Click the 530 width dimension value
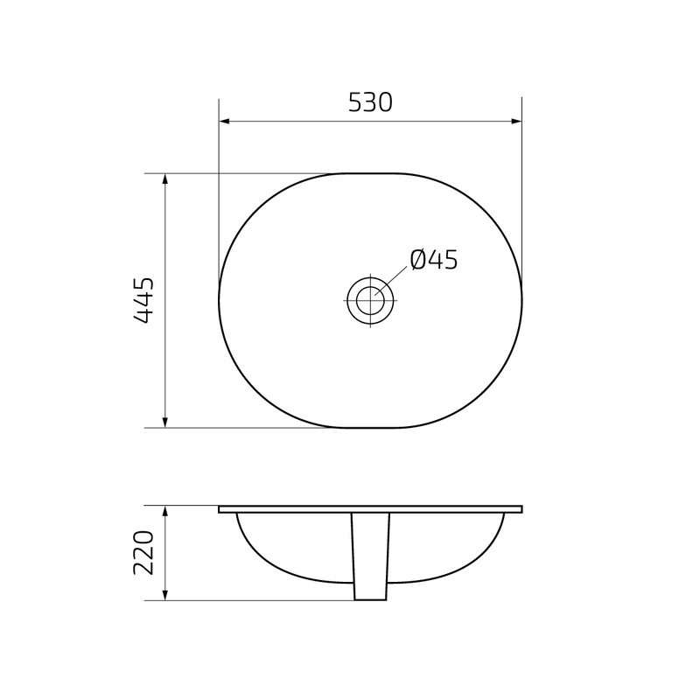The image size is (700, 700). coord(369,102)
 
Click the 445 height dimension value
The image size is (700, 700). coord(144,301)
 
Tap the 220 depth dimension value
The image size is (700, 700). coord(144,553)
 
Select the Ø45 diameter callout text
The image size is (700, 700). coord(433,260)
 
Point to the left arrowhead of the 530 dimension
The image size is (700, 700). coord(224,122)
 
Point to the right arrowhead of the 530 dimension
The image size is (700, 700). coord(516,122)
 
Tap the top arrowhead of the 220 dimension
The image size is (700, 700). coord(165,511)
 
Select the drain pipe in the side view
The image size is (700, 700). coord(369,560)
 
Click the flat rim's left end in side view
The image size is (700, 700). coord(220,508)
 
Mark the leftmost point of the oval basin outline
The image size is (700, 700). coord(219,301)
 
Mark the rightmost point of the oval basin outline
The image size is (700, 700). coord(521,301)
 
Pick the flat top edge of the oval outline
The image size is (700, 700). coord(369,173)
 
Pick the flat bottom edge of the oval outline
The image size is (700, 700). coord(369,428)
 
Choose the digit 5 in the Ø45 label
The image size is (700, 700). coord(449,260)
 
